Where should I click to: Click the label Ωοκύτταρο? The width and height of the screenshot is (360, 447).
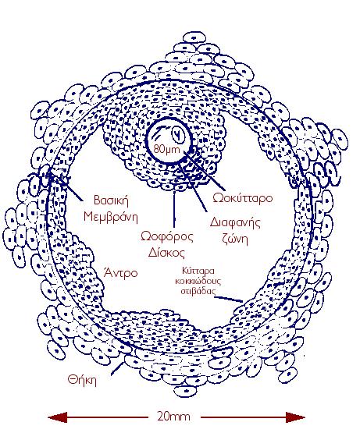243,198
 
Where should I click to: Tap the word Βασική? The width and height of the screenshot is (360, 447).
111,200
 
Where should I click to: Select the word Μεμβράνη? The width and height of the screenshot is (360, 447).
111,217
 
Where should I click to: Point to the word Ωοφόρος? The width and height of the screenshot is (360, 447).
167,237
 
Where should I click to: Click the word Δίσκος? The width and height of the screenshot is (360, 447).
167,252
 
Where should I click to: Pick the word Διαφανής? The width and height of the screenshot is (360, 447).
235,222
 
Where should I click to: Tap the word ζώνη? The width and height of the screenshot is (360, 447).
235,239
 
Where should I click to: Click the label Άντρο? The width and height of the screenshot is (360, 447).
121,273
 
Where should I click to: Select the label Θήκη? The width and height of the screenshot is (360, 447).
82,380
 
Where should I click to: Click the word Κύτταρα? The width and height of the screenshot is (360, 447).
198,270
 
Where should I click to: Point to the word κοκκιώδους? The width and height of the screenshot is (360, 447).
198,281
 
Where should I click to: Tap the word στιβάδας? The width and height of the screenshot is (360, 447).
198,291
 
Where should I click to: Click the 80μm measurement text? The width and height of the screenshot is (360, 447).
167,148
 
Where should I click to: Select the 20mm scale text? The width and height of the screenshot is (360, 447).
173,417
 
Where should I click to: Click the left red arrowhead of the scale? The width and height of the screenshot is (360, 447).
57,417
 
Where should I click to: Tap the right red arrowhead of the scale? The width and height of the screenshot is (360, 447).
295,417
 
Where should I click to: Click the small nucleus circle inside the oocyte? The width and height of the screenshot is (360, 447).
178,133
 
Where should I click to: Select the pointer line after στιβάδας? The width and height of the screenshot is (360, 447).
229,299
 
